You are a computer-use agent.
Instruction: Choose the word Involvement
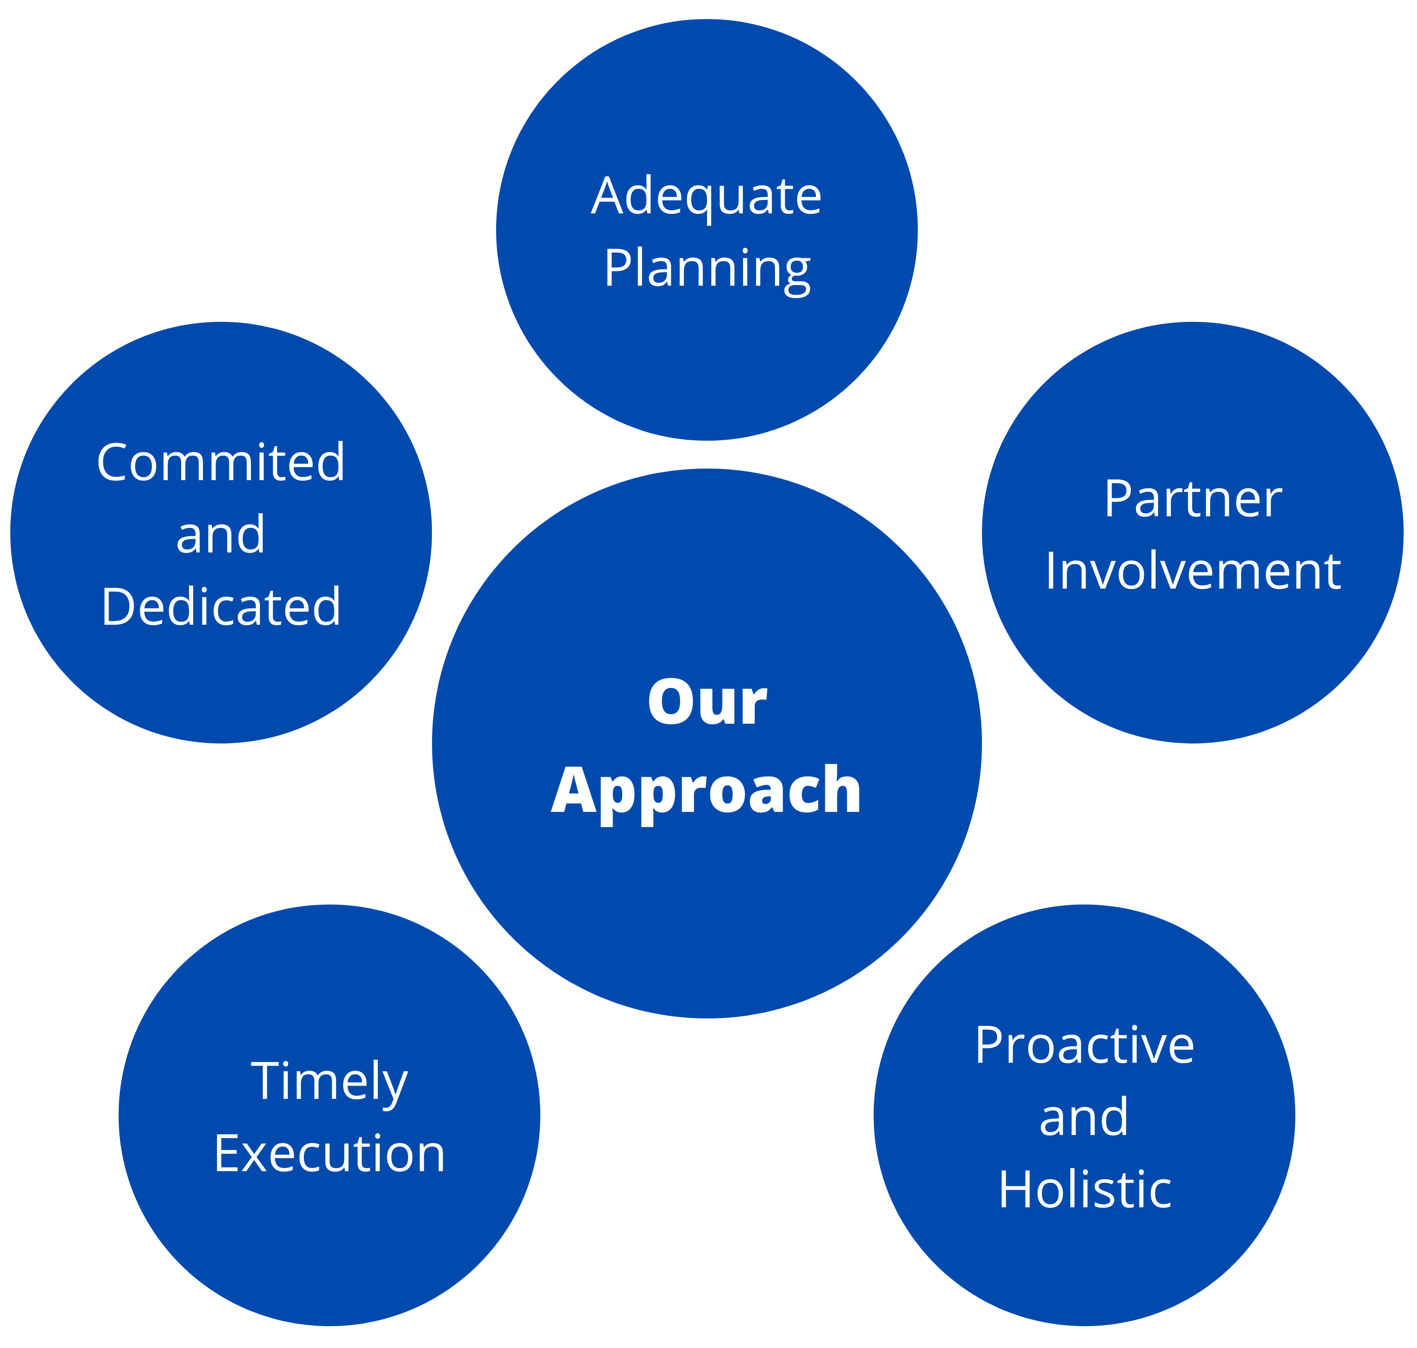[1193, 571]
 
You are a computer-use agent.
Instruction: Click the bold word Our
[707, 702]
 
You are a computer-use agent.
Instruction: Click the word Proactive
[1084, 1046]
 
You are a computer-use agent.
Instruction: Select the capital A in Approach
[576, 789]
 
